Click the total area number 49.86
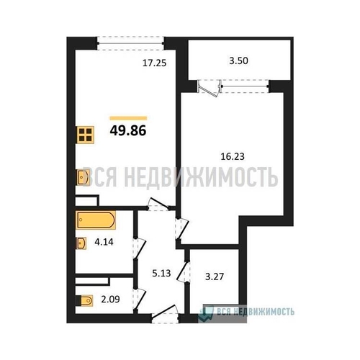[128, 131]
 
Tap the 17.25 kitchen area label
[154, 63]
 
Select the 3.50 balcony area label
[238, 60]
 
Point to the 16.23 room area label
[233, 156]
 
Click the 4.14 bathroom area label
[104, 242]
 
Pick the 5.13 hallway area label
[161, 273]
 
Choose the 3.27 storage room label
[215, 276]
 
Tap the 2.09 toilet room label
[110, 300]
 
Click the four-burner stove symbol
[85, 135]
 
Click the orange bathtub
[96, 220]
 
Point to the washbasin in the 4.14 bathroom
[81, 243]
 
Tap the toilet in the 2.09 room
[84, 300]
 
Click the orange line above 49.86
[128, 118]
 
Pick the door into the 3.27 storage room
[184, 271]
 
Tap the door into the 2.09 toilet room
[140, 300]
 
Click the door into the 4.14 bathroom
[140, 249]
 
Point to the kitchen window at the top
[130, 43]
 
